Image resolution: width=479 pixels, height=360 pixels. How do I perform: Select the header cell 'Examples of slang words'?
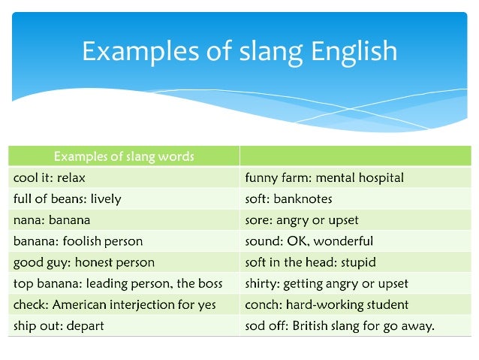tap(124, 156)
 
